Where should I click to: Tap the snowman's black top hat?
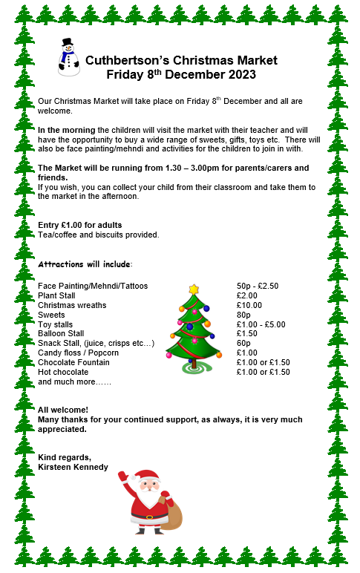[68, 43]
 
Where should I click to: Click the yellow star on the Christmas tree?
[194, 289]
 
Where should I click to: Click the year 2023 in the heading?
[239, 74]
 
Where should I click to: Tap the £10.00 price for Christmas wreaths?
[249, 305]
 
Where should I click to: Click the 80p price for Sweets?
[243, 315]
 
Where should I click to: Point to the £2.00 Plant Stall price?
[246, 295]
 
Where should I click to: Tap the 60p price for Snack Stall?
[243, 344]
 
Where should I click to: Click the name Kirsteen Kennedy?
[73, 467]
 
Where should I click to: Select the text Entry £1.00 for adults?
[79, 225]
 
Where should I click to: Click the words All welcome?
[62, 410]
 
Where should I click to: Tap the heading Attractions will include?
[85, 264]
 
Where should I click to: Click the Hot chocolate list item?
[63, 372]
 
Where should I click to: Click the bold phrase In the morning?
[66, 130]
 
